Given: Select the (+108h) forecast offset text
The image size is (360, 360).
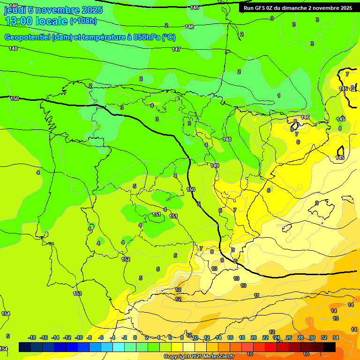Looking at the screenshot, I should tap(83, 21).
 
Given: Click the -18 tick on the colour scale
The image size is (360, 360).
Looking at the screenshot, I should tap(32, 337).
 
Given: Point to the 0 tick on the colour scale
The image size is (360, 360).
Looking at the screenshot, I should tap(135, 337).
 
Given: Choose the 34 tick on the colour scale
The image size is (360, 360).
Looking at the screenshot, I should tap(336, 337).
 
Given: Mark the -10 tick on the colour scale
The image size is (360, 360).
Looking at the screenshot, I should tap(78, 337).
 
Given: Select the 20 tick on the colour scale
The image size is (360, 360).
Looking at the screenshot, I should tap(254, 337).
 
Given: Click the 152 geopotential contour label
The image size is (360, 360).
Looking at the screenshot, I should tap(126, 259).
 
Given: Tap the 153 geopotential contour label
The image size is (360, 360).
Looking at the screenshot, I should tap(77, 294).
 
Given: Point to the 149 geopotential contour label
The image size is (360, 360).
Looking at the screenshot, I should tap(215, 165).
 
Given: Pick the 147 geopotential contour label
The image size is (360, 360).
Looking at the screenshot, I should tap(176, 49).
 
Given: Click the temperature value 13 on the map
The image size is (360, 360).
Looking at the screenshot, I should tap(336, 318).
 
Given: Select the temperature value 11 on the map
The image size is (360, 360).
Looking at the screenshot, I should tap(256, 295).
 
